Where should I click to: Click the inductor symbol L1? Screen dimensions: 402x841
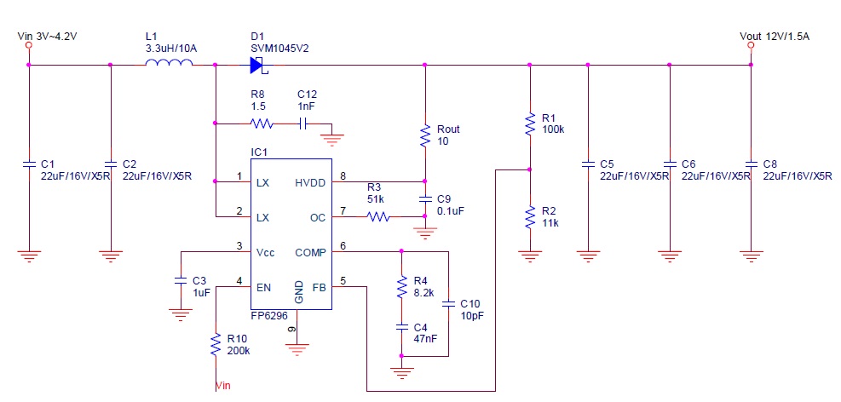click(x=162, y=65)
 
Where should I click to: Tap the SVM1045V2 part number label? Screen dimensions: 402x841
click(x=279, y=48)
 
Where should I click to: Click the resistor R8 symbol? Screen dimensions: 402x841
click(x=262, y=123)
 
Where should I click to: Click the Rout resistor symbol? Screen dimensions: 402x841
click(x=424, y=135)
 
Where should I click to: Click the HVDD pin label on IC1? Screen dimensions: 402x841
click(x=310, y=181)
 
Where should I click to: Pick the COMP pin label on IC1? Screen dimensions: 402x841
click(x=309, y=252)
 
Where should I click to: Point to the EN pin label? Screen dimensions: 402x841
click(x=263, y=288)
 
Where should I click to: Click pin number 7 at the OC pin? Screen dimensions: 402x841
click(x=343, y=210)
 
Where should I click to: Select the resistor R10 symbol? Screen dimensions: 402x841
click(x=216, y=345)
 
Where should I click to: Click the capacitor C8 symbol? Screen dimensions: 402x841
click(x=751, y=163)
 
